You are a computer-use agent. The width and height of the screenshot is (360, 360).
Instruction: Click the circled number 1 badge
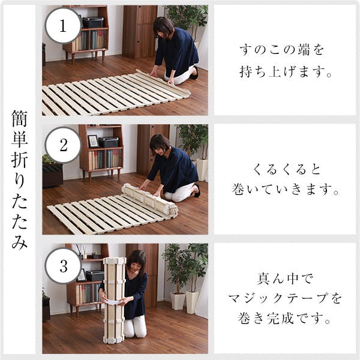[x=63, y=25]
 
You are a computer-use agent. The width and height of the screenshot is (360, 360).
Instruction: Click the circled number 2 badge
[x=63, y=145]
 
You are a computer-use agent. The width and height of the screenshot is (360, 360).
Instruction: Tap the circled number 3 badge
[x=63, y=264]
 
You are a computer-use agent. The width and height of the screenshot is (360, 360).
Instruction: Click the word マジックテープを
[x=286, y=298]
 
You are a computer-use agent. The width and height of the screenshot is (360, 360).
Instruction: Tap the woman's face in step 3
[x=137, y=263]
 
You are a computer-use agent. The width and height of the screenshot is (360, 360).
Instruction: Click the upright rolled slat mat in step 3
[x=113, y=300]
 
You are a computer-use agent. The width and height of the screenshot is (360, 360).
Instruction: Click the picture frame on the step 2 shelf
[x=93, y=141]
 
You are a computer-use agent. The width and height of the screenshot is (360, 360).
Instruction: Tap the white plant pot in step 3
[x=178, y=300]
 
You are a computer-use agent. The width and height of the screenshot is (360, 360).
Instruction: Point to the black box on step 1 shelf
[x=94, y=22]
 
